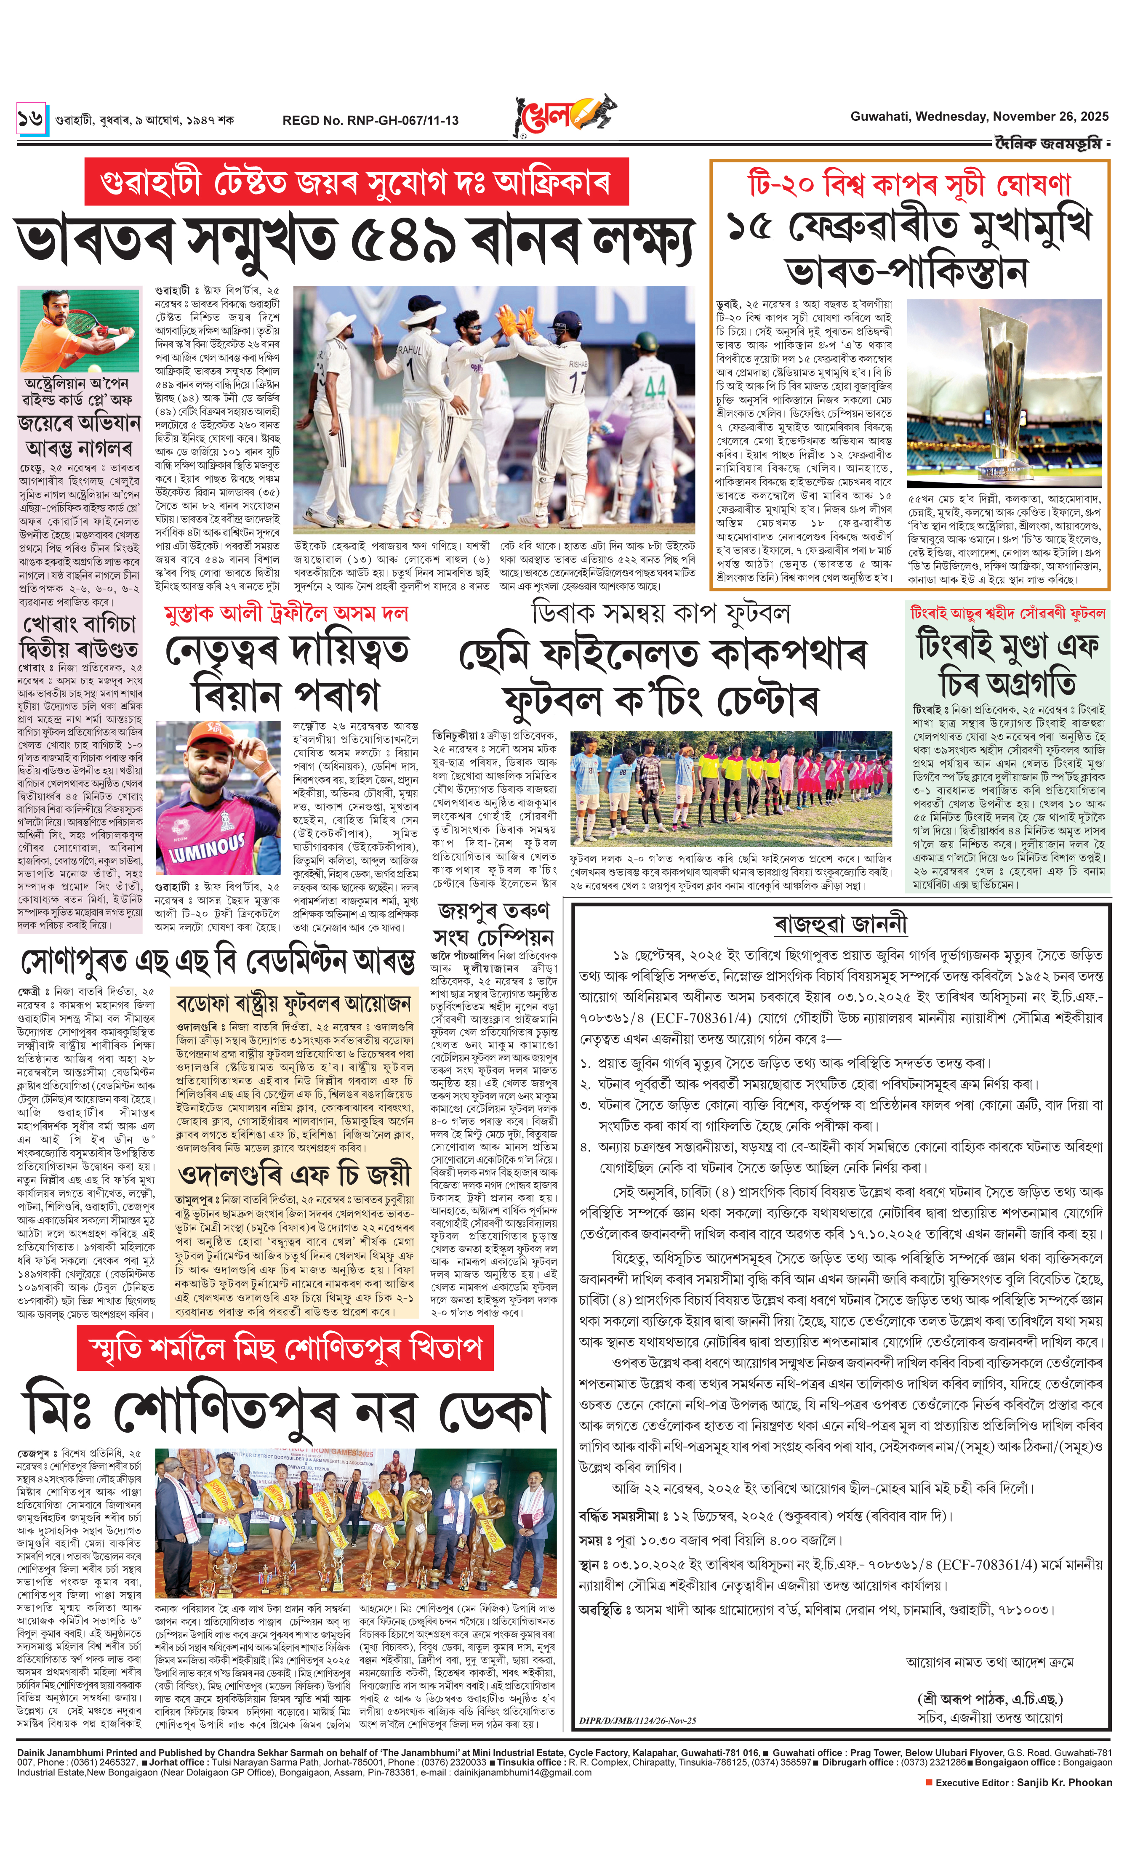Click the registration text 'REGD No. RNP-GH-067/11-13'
370,120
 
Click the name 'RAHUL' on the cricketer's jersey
409,351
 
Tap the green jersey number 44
655,388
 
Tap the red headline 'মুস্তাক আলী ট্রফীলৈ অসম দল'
286,613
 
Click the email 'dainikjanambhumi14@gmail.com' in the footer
522,1772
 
